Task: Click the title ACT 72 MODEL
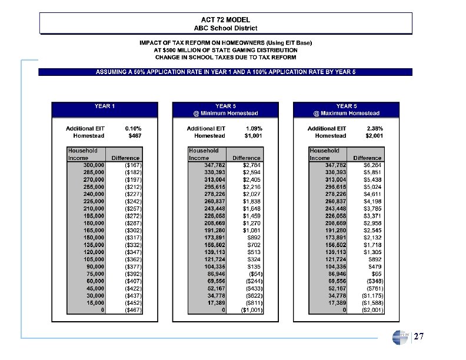(225, 19)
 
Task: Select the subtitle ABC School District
(225, 28)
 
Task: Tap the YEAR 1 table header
(105, 106)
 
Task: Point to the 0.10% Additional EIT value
(133, 128)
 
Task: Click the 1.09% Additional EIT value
(254, 128)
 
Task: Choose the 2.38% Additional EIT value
(374, 128)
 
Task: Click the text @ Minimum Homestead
(226, 114)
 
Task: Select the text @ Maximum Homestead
(347, 114)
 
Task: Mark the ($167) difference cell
(132, 165)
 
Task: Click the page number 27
(419, 337)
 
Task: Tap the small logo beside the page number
(399, 337)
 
